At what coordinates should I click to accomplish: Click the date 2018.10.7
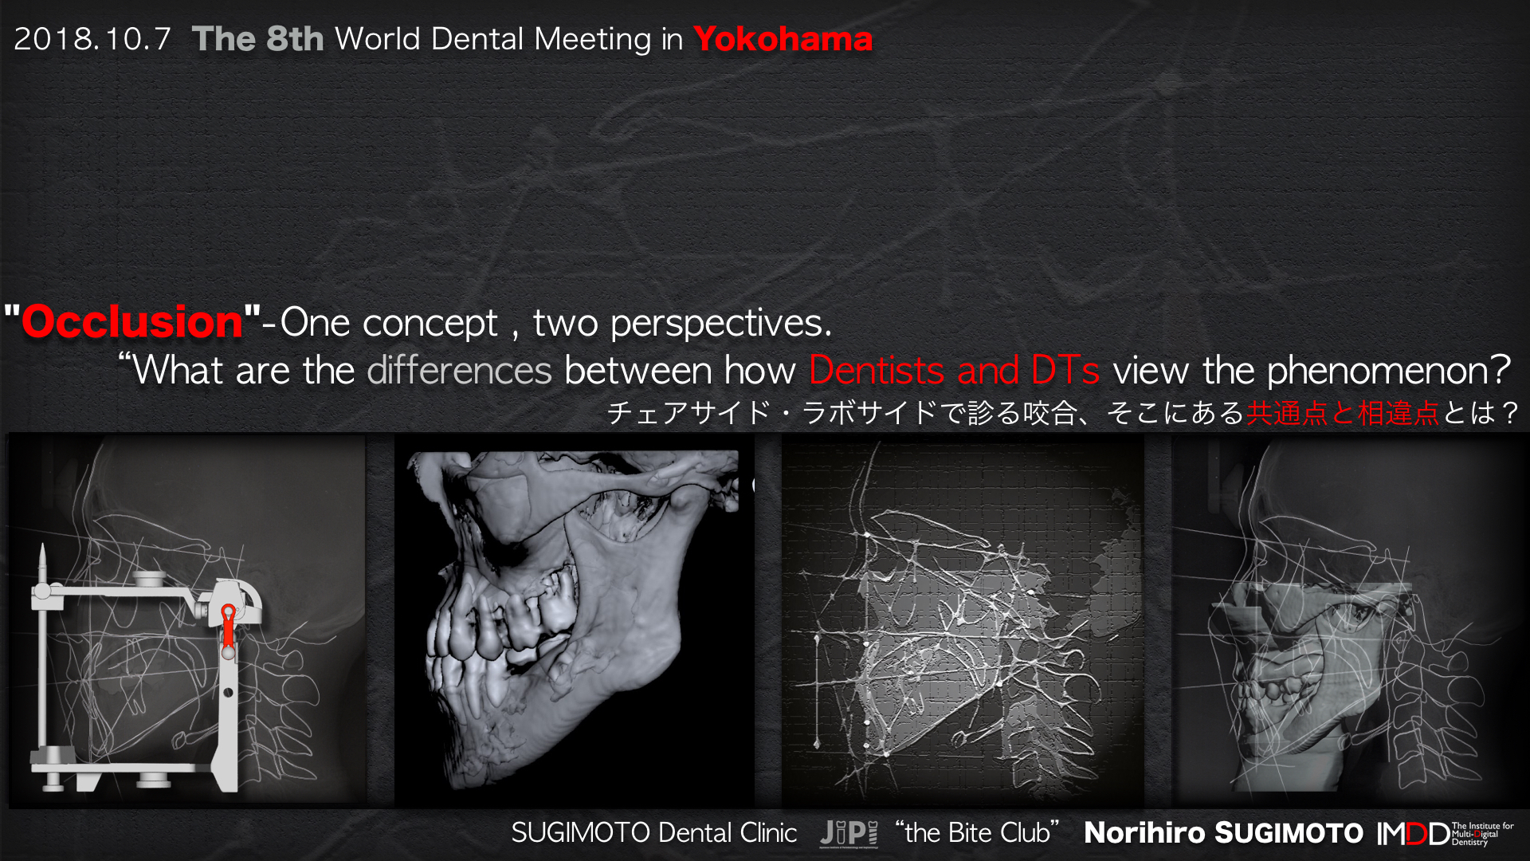(x=92, y=39)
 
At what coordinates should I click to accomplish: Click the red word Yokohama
(x=783, y=39)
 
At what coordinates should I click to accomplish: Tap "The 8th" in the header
(x=257, y=39)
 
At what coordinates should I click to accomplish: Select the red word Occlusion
(x=132, y=321)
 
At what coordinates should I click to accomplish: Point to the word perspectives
(x=720, y=324)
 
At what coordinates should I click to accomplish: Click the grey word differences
(x=459, y=370)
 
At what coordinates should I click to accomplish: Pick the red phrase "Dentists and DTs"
(x=954, y=370)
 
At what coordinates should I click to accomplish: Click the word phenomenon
(x=1389, y=371)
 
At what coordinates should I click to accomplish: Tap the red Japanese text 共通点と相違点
(x=1343, y=413)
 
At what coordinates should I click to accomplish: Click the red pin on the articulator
(x=229, y=626)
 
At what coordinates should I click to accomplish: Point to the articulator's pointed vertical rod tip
(x=42, y=547)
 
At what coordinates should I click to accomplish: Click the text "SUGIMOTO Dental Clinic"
(x=653, y=833)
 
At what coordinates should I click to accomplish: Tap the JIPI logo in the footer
(x=849, y=834)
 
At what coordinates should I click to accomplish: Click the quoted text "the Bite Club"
(x=977, y=832)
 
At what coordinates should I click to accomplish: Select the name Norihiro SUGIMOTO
(x=1224, y=833)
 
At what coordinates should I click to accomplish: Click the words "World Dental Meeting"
(x=493, y=39)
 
